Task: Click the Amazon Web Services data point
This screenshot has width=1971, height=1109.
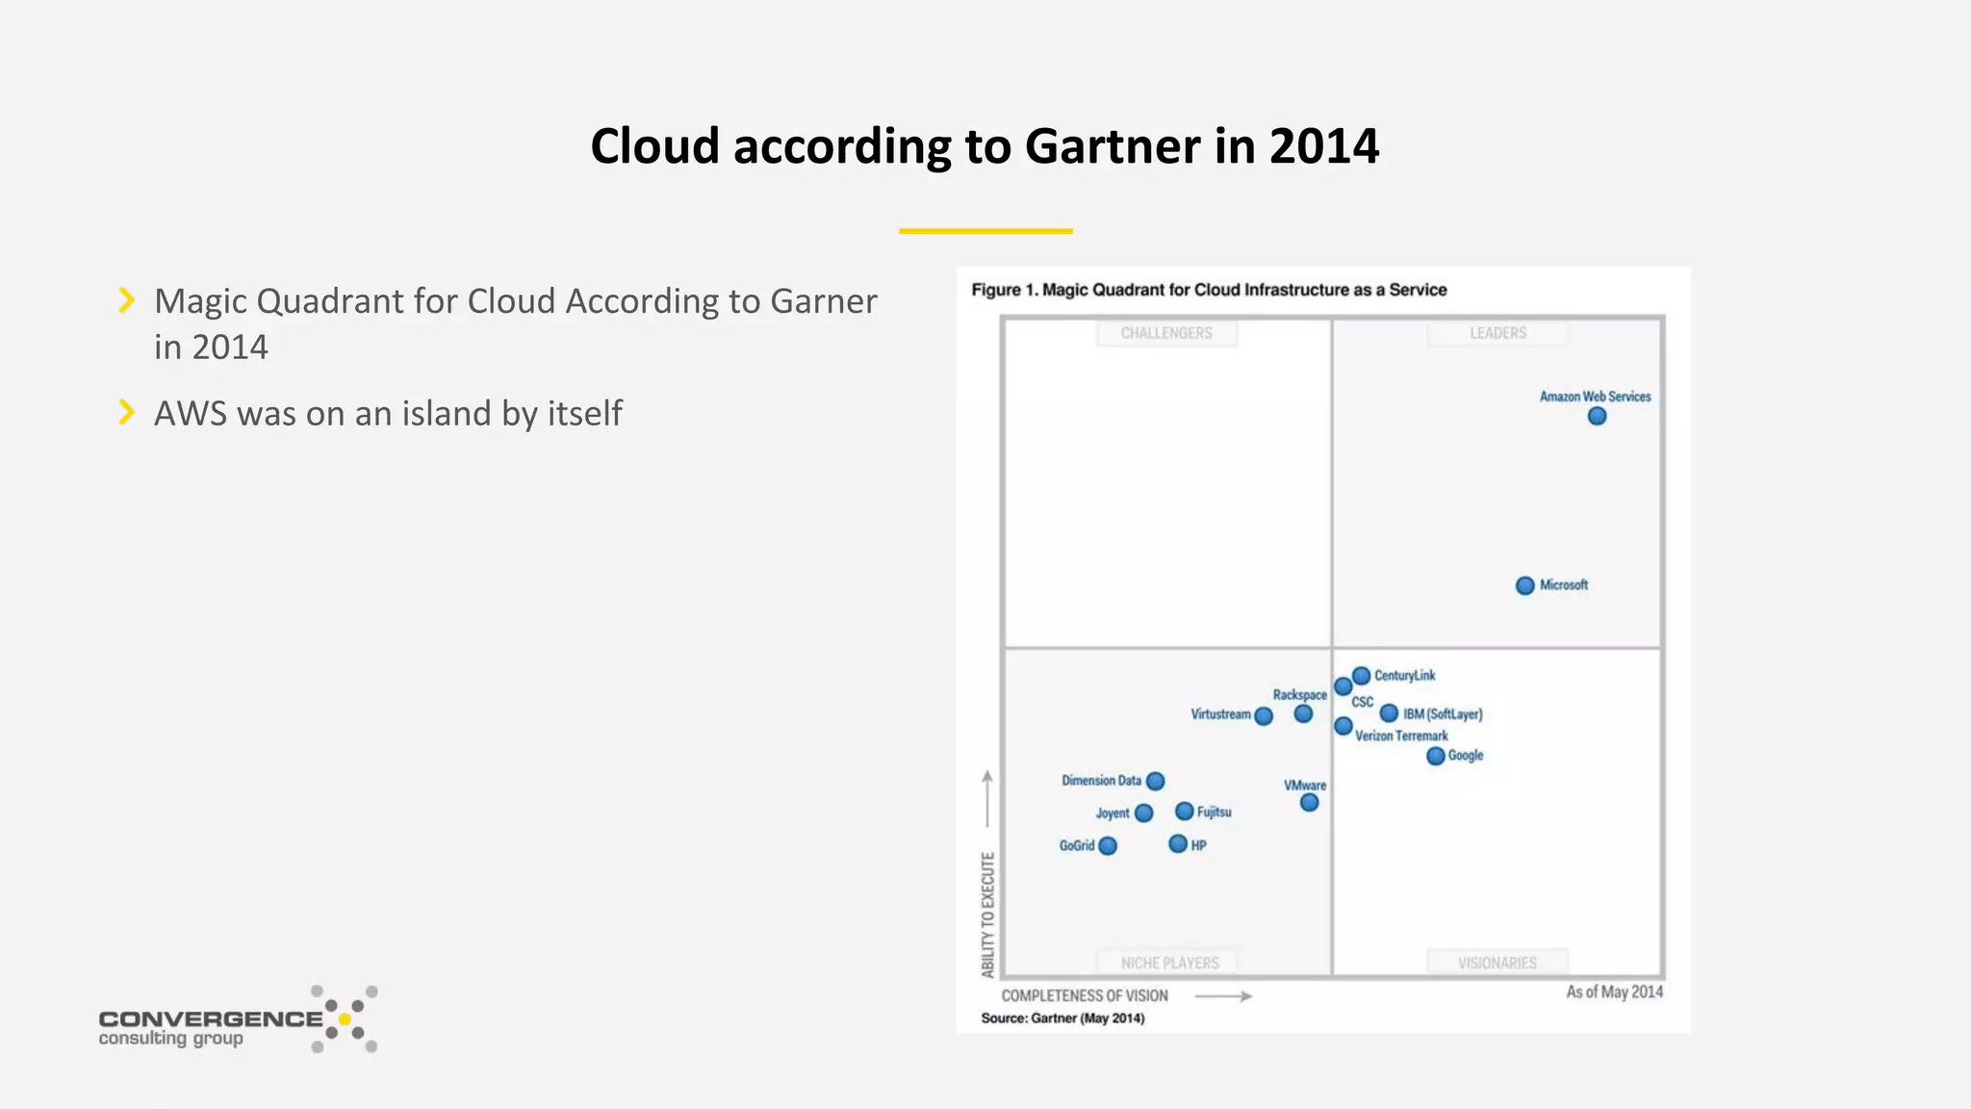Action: click(1597, 416)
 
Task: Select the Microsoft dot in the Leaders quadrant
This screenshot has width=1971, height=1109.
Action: click(1524, 585)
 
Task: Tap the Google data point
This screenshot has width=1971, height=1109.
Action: click(1435, 756)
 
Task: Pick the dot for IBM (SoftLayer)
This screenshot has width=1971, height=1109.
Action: click(1389, 713)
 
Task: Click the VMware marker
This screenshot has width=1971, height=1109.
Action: click(1309, 802)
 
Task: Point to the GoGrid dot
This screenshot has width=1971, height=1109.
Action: click(1108, 845)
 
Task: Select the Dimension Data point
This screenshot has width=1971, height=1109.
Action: click(1155, 781)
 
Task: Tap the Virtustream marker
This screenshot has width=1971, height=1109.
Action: click(1264, 715)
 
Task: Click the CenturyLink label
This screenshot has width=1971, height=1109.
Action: click(1404, 676)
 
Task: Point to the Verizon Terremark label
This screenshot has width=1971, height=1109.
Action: click(1401, 735)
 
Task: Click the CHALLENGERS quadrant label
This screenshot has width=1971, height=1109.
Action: click(1166, 333)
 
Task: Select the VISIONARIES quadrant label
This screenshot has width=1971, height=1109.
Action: click(1497, 963)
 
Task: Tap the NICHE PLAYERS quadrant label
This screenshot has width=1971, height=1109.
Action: click(1169, 963)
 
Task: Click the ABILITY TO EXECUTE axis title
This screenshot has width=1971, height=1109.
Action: click(987, 915)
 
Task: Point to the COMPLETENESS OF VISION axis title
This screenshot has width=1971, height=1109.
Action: click(1085, 995)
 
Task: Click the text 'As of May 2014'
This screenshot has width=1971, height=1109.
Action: click(1614, 992)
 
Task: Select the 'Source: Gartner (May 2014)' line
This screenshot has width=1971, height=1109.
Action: click(1062, 1019)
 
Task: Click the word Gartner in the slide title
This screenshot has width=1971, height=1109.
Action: click(1112, 146)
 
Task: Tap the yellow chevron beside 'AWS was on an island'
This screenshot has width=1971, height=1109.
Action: click(126, 412)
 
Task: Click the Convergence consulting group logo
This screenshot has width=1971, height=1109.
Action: click(238, 1020)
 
